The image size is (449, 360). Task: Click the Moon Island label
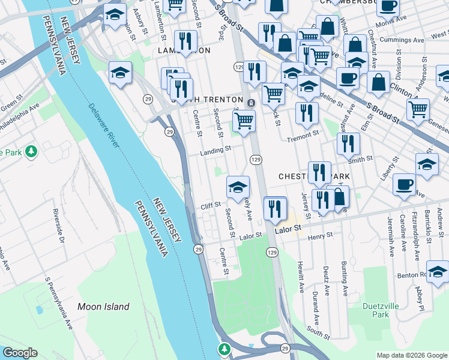pos(103,307)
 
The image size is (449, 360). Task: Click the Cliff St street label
pos(211,206)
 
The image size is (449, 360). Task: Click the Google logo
pos(20,353)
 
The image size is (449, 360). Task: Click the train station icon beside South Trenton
pos(250,103)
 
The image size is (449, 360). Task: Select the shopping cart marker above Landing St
pos(244,120)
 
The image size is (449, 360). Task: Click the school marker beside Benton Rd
pos(438,271)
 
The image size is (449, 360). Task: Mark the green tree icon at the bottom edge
pos(224,349)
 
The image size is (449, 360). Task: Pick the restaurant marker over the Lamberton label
pos(185,41)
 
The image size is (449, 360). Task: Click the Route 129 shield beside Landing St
pos(256,159)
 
